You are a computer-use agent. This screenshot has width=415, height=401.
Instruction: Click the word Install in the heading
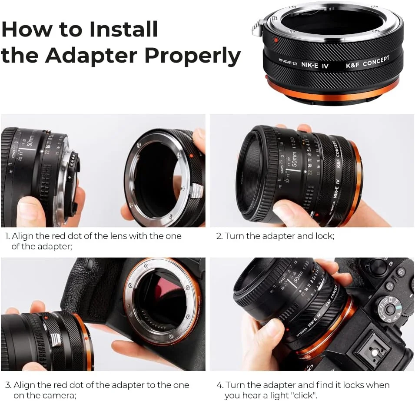(x=123, y=29)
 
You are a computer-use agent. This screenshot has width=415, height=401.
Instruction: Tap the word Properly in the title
(x=193, y=55)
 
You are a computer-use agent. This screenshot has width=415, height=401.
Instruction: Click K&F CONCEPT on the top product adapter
(x=367, y=62)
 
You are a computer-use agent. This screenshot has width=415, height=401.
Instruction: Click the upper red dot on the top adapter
(x=276, y=40)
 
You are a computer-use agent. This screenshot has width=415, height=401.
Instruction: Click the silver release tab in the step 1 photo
(x=196, y=190)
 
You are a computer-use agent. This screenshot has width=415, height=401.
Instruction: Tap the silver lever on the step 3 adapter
(x=55, y=339)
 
